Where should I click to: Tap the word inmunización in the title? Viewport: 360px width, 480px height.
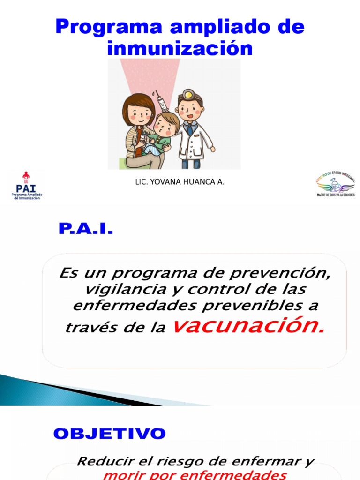click(x=180, y=48)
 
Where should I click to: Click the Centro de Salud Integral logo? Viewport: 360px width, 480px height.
click(x=335, y=184)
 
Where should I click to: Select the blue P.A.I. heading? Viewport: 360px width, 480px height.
click(x=86, y=230)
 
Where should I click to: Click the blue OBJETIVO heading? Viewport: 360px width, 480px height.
click(x=109, y=434)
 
